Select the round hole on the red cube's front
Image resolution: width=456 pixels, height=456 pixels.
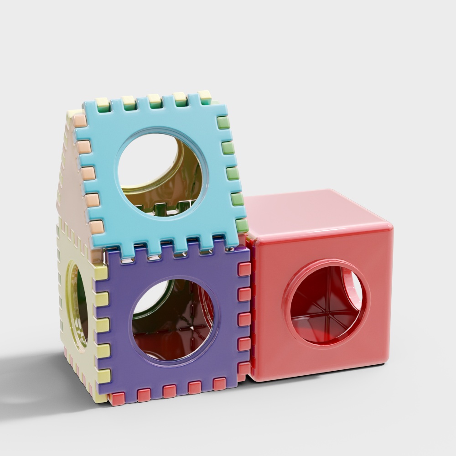click(x=327, y=303)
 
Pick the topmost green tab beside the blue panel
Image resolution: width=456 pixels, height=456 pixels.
click(x=223, y=122)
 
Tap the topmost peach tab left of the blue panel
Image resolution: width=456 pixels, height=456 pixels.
click(x=79, y=121)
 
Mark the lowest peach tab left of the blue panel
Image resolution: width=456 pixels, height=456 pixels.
click(x=96, y=227)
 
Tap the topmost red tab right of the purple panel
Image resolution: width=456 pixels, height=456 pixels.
click(x=244, y=269)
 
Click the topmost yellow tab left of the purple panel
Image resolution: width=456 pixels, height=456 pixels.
click(x=101, y=273)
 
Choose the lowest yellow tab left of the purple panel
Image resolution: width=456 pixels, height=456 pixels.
click(x=104, y=376)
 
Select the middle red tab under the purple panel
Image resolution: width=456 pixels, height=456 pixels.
click(x=169, y=391)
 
